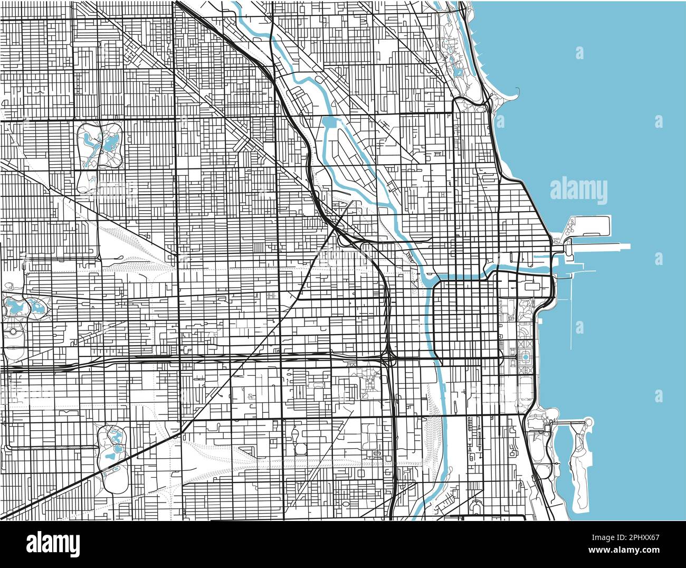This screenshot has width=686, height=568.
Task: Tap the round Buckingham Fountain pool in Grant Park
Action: [526, 357]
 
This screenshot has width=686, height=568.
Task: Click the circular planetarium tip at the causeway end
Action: [588, 422]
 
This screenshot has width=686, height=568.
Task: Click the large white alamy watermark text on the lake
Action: [578, 191]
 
